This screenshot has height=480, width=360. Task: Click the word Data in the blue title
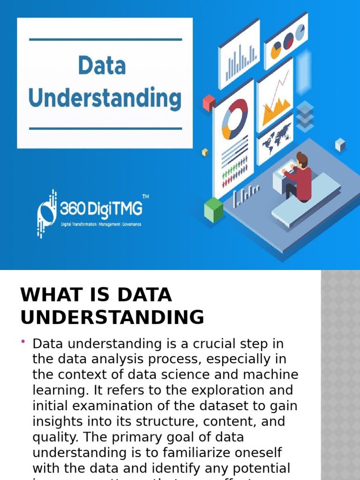[x=102, y=65]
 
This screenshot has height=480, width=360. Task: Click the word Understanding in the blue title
[x=105, y=98]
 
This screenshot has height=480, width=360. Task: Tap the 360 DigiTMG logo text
[x=101, y=208]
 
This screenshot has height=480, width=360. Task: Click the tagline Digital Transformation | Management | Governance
[x=101, y=224]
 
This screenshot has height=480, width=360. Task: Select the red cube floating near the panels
[x=209, y=103]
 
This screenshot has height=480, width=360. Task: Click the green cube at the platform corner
[x=214, y=210]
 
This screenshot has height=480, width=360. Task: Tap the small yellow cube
[x=205, y=152]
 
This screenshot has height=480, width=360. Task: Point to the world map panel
[x=276, y=138]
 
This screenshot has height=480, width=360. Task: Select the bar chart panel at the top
[x=239, y=56]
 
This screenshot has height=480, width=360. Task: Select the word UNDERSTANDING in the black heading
[x=112, y=317]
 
